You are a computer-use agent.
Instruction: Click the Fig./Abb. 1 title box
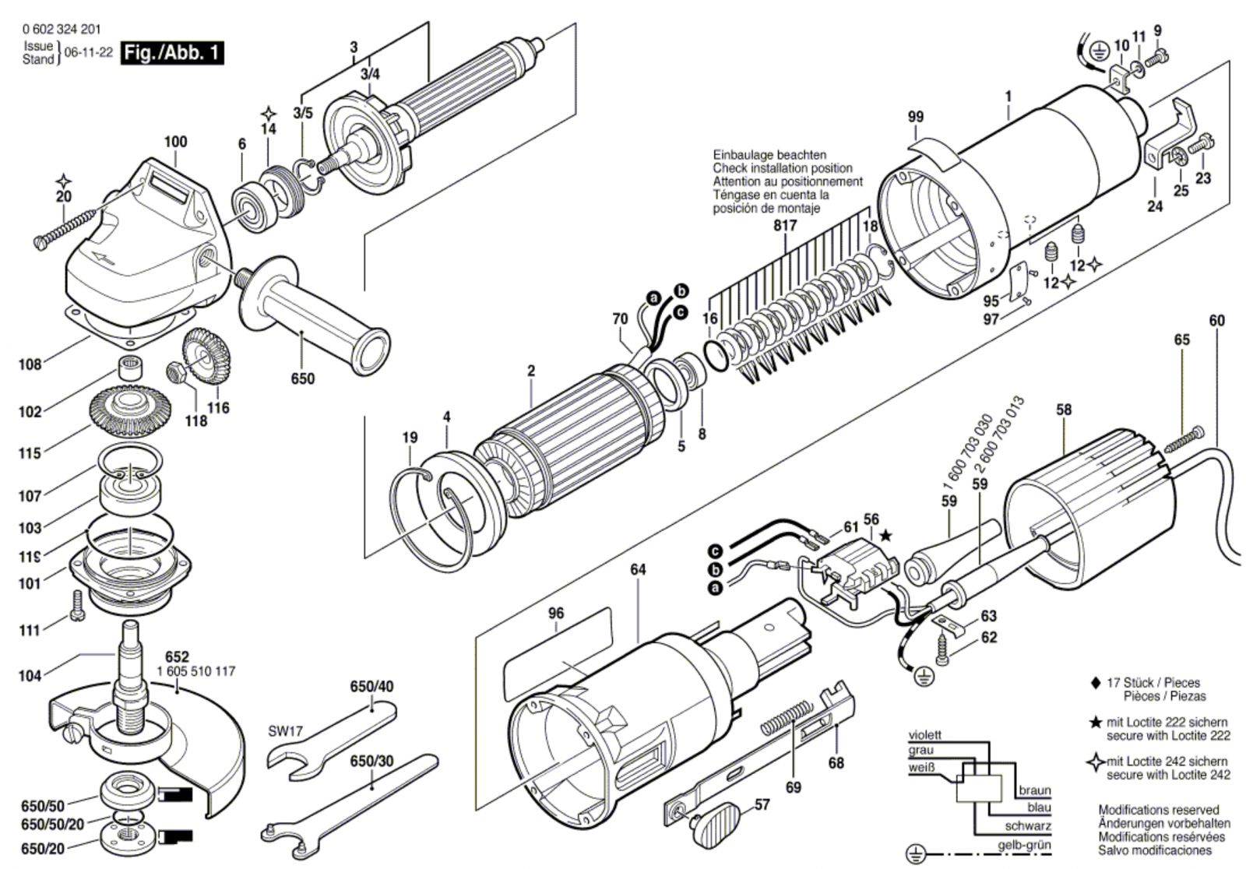point(172,54)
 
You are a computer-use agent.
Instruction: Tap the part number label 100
point(175,142)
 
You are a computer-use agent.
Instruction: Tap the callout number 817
point(786,227)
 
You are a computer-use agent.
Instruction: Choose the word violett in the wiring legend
point(924,735)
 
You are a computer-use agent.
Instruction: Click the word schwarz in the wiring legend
point(1028,826)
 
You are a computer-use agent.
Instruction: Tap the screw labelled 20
point(66,227)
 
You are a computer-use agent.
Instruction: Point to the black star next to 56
point(885,536)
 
